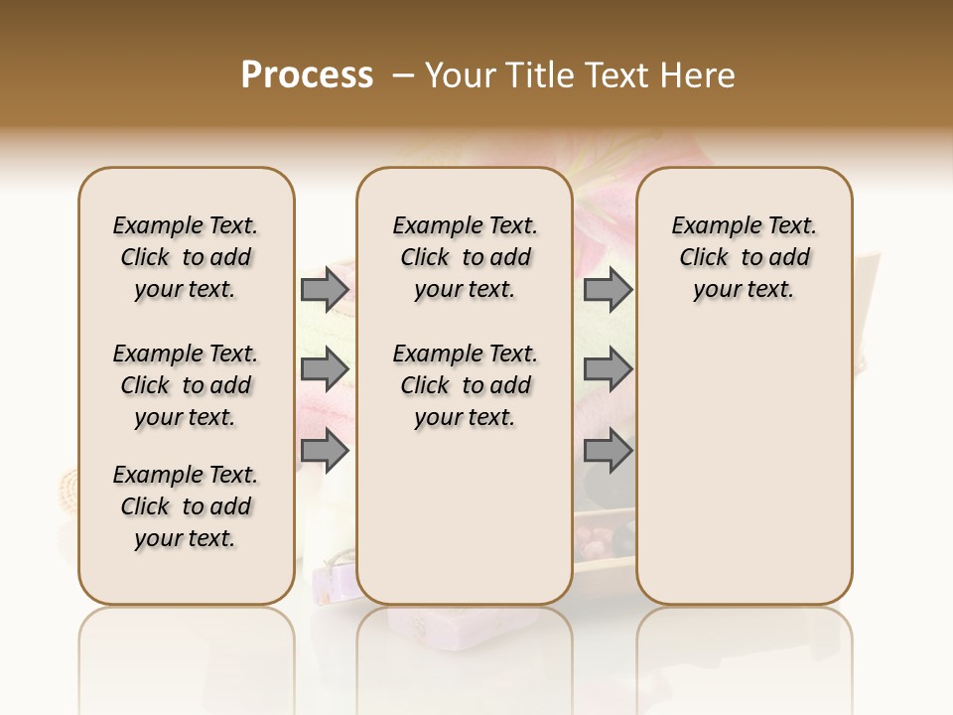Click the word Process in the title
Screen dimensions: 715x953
pos(307,75)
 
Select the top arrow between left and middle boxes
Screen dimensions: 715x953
pos(325,289)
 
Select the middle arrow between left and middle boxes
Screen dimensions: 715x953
pos(325,369)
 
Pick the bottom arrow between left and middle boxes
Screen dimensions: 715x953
pos(325,451)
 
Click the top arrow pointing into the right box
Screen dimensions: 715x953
pos(608,289)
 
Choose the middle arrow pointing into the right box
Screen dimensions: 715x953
pos(608,369)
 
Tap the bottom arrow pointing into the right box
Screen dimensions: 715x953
pos(608,451)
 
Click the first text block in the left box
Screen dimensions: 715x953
pos(186,257)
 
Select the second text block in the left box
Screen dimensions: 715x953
pos(186,385)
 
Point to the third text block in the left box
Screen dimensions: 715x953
pos(186,506)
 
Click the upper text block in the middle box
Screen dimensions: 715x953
pos(465,257)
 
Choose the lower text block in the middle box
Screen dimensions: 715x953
pos(465,385)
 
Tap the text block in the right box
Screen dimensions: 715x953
pos(744,257)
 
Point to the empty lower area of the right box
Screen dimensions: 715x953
pos(744,467)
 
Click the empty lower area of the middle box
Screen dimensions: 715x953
pos(465,516)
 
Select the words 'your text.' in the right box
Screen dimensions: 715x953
pos(744,290)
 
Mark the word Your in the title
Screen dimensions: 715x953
pos(459,75)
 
